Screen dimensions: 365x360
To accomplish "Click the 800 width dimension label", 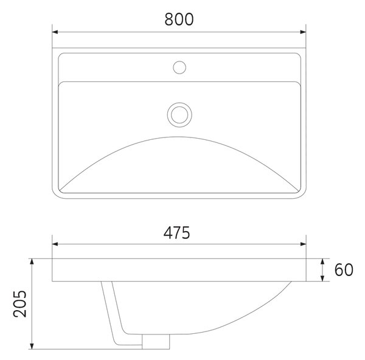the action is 179,19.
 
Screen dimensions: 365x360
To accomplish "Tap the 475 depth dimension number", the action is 176,232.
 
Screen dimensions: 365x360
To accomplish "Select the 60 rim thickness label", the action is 344,270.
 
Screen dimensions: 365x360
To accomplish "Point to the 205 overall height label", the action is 19,303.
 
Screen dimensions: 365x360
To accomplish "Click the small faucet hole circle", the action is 179,67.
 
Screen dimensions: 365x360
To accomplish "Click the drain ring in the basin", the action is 179,115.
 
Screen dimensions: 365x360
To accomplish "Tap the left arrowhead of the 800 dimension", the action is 55,32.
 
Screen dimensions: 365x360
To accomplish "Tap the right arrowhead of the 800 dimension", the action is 303,32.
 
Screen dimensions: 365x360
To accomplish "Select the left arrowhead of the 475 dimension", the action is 55,244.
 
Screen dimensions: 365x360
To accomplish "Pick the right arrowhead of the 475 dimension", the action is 303,244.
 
